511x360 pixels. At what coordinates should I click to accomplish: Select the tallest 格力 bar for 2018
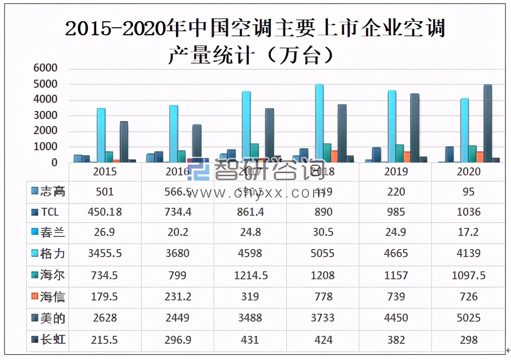tap(319, 123)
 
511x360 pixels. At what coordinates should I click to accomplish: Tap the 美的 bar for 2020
tap(487, 123)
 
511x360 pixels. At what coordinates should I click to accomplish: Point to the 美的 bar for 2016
tap(197, 143)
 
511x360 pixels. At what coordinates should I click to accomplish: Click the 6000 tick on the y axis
tap(45, 68)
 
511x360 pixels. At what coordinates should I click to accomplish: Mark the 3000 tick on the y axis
tap(45, 115)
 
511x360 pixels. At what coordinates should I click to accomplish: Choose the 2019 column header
tap(396, 171)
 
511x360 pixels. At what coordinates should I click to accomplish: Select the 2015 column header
tap(105, 171)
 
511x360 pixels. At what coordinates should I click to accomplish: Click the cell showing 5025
tap(468, 318)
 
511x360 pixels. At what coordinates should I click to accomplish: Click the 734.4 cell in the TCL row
tap(177, 212)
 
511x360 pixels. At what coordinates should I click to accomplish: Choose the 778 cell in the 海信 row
tap(323, 297)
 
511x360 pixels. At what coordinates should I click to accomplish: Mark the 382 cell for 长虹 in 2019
tap(396, 339)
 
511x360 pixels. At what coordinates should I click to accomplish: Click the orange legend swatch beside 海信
tap(34, 297)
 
